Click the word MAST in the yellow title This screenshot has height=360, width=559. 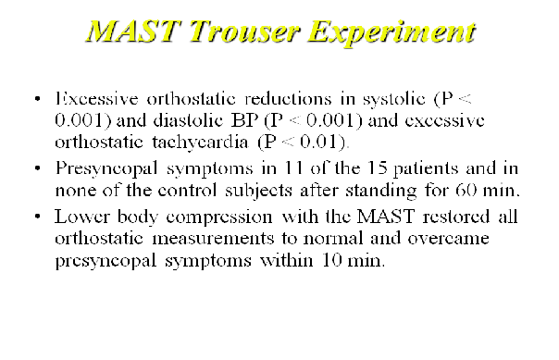[x=133, y=31]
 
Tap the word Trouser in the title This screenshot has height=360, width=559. [x=244, y=31]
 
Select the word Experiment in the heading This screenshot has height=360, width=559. [x=391, y=32]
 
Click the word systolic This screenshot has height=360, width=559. [x=394, y=99]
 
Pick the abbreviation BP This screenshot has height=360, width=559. [x=244, y=120]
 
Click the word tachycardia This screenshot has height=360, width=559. [x=200, y=143]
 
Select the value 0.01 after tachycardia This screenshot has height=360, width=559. [x=318, y=142]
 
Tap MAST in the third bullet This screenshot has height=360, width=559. [x=386, y=217]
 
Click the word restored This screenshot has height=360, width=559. [x=456, y=217]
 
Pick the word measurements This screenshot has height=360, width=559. [x=213, y=239]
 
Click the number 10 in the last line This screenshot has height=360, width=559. [x=331, y=260]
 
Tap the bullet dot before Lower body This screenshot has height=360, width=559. [x=38, y=217]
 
